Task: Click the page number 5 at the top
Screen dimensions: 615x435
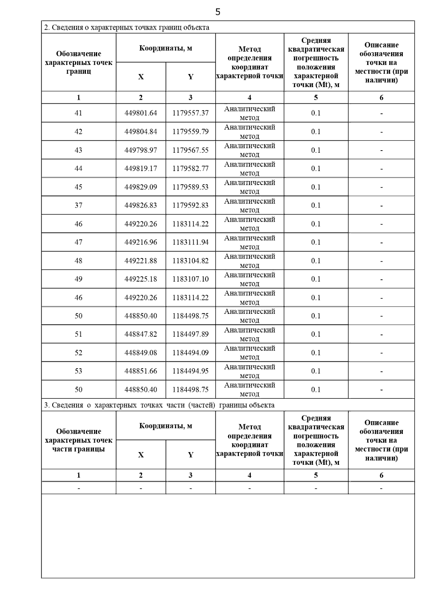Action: point(217,12)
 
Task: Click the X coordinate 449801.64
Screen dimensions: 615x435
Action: point(141,113)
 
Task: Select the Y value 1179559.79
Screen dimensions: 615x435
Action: point(190,131)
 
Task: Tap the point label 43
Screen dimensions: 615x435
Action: point(78,150)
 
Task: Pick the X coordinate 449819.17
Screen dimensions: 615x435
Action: point(141,168)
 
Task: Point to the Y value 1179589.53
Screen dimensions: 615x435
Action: point(190,187)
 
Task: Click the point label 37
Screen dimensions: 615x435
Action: point(78,205)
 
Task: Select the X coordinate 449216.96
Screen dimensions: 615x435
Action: point(141,242)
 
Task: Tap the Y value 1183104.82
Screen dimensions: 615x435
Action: point(190,261)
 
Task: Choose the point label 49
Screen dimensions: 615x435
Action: point(78,279)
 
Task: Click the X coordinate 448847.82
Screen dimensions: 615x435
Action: point(141,334)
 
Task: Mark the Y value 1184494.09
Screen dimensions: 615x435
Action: point(190,353)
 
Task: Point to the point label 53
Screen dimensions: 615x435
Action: point(78,371)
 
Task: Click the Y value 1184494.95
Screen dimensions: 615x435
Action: point(190,371)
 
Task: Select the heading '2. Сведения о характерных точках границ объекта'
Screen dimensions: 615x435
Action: point(127,28)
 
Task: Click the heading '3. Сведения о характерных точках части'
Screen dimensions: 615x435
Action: point(159,405)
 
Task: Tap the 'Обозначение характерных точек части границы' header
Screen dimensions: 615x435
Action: point(79,440)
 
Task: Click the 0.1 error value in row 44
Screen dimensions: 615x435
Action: point(316,168)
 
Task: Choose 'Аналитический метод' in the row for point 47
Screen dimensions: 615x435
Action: point(249,242)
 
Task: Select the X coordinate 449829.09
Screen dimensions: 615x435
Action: point(141,187)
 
